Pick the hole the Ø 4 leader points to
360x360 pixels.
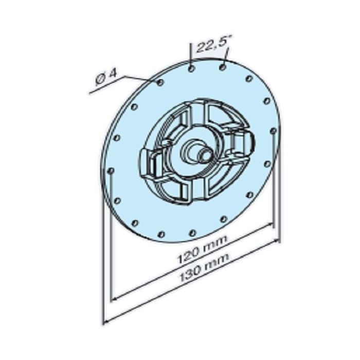pos(160,82)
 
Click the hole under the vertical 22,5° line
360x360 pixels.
pos(191,68)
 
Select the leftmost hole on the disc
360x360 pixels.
pos(111,170)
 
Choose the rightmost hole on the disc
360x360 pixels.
pos(272,132)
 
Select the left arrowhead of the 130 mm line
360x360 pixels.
pos(107,321)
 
